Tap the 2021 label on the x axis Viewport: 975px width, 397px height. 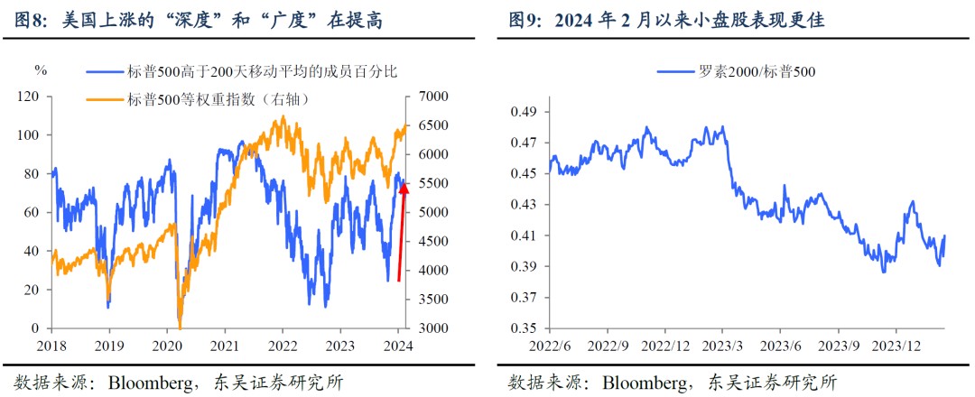click(225, 346)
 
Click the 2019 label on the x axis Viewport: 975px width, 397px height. click(108, 346)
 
